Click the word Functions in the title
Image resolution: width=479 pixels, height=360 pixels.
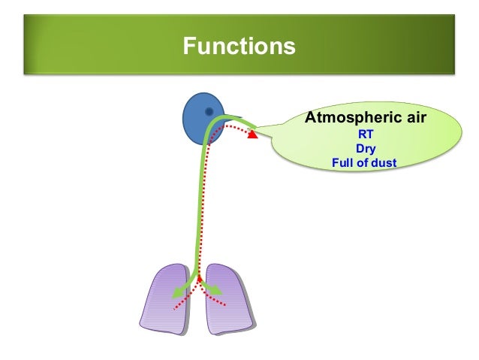pos(239,47)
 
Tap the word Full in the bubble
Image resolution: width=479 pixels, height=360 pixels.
pos(342,162)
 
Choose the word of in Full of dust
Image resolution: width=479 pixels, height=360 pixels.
pos(363,162)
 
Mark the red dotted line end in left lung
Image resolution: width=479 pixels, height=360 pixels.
pos(174,308)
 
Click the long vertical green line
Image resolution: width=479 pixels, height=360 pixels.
pos(200,203)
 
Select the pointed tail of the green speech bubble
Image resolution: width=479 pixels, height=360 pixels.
pos(259,132)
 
